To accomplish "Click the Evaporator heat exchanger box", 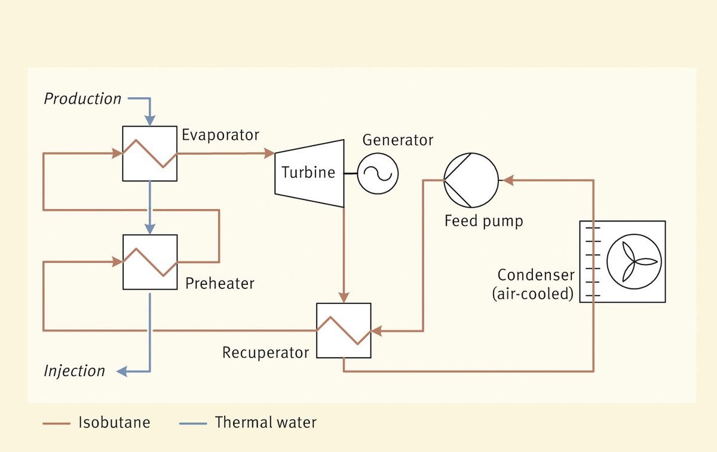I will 149,153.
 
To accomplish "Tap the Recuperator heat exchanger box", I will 344,330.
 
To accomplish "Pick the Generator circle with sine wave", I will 378,173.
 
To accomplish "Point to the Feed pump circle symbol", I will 470,180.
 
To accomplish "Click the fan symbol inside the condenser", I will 633,262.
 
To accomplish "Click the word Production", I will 82,99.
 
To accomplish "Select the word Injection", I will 74,371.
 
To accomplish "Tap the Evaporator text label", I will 220,135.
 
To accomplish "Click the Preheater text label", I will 220,283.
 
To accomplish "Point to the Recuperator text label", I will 265,352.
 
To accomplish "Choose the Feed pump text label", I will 483,222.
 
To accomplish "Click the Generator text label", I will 398,140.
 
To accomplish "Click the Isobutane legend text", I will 114,423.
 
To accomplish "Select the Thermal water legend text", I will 265,423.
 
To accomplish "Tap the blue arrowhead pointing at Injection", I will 122,371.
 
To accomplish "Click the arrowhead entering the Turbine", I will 269,153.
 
